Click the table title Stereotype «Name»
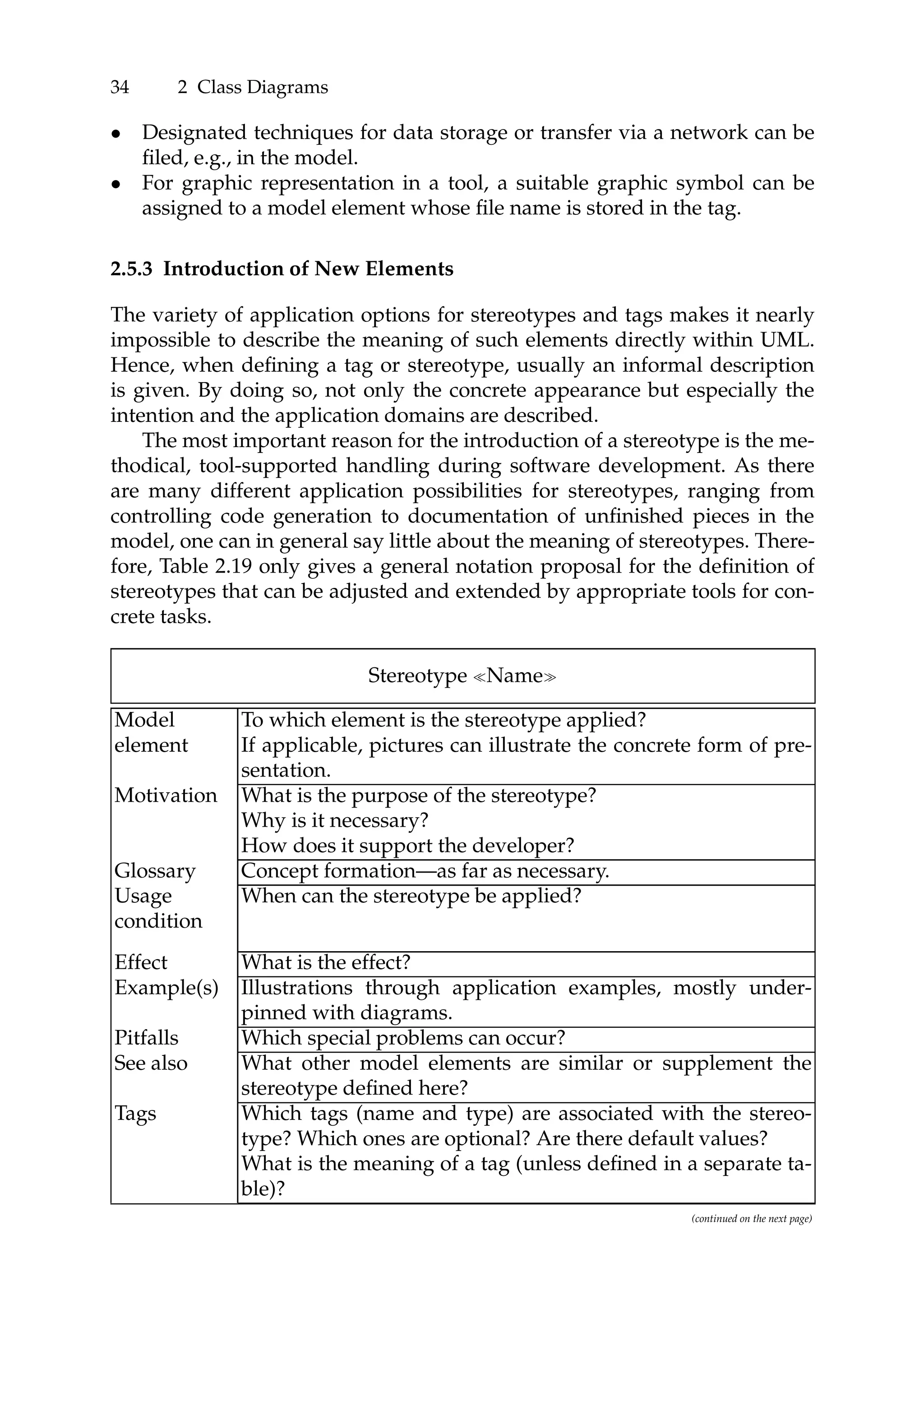pos(462,675)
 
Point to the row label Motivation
pos(166,795)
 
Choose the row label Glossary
pos(154,871)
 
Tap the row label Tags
pos(135,1113)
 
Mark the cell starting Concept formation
pos(424,871)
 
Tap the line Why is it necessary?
pos(334,820)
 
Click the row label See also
pos(151,1063)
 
